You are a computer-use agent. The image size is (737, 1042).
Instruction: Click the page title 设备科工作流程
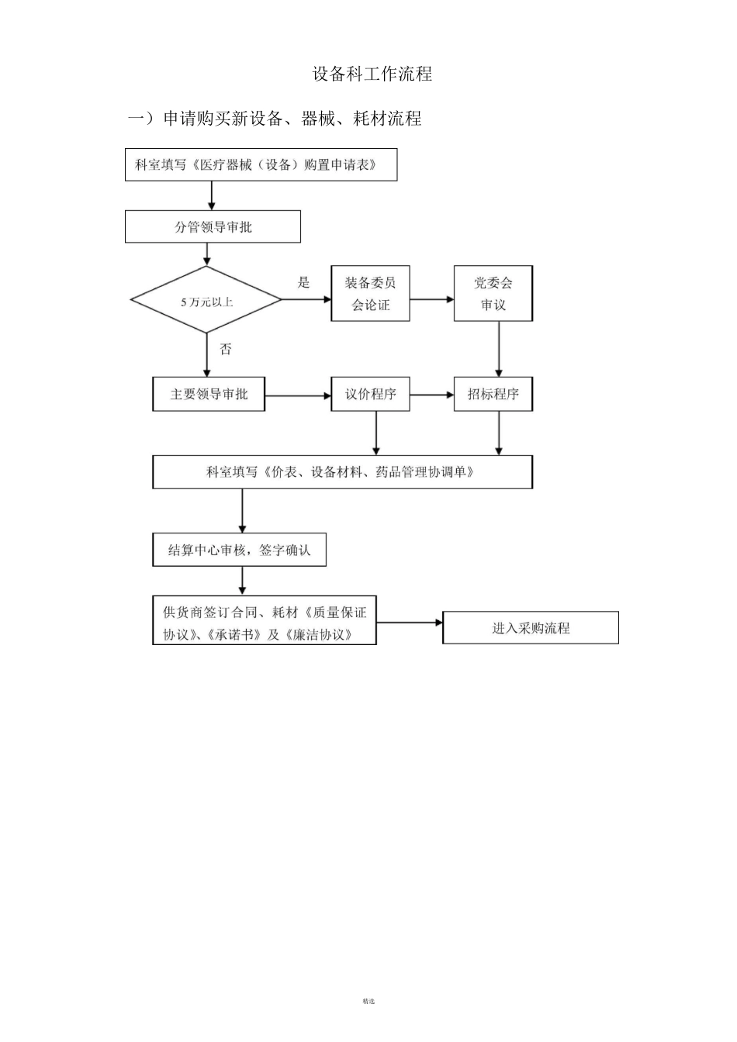pos(372,74)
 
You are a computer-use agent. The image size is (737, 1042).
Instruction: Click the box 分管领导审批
pos(213,227)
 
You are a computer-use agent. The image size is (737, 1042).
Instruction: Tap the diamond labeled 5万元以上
pos(206,300)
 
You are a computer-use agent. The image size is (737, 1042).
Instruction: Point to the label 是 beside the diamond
pos(303,282)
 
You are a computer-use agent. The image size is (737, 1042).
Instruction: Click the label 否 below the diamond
pos(226,349)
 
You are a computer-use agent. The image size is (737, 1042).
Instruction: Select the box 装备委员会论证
pos(370,294)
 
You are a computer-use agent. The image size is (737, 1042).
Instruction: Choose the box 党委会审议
pos(493,294)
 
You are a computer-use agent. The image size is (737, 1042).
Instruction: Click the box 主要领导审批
pos(209,394)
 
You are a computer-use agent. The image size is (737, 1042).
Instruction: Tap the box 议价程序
pos(370,394)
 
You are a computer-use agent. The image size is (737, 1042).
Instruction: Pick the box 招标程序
pos(493,394)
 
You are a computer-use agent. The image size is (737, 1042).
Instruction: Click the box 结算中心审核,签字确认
pos(239,550)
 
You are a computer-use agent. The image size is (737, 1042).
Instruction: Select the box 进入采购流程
pos(531,627)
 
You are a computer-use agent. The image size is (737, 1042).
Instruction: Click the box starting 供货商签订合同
pos(264,623)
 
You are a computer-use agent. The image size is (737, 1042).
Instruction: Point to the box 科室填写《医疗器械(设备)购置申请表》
pos(261,165)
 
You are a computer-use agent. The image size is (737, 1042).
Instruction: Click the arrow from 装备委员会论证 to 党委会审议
pos(431,298)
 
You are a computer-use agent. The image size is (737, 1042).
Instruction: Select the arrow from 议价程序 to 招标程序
pos(431,395)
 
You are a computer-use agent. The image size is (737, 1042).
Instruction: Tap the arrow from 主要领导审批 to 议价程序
pos(298,396)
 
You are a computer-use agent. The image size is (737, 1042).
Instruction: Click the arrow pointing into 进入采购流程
pos(409,623)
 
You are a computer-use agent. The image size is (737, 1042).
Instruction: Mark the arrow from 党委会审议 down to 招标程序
pos(499,349)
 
